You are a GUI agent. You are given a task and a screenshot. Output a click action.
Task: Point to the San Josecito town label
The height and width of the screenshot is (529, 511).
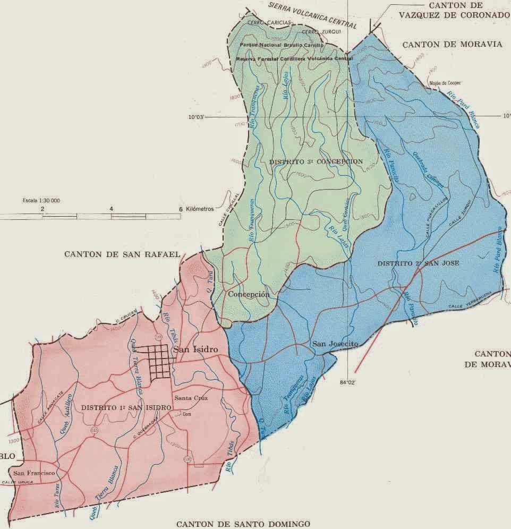coord(335,344)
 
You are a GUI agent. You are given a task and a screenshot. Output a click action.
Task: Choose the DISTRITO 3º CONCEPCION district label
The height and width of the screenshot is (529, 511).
coord(316,161)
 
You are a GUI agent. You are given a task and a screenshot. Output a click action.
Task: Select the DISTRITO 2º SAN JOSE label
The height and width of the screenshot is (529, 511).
coord(418,263)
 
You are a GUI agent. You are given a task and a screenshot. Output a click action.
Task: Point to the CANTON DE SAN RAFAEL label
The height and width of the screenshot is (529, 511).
coord(122,254)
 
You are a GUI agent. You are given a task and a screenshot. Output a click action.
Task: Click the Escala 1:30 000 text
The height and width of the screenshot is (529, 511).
coord(40,201)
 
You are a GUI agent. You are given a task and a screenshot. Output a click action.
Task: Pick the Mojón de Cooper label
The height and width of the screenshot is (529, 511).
coord(445,83)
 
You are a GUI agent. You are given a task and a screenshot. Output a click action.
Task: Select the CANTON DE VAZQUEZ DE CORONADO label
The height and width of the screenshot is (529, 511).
coord(450,10)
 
